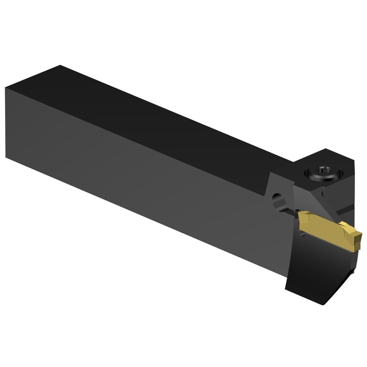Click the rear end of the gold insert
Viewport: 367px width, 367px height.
click(x=300, y=215)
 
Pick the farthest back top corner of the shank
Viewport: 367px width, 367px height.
click(x=60, y=66)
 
